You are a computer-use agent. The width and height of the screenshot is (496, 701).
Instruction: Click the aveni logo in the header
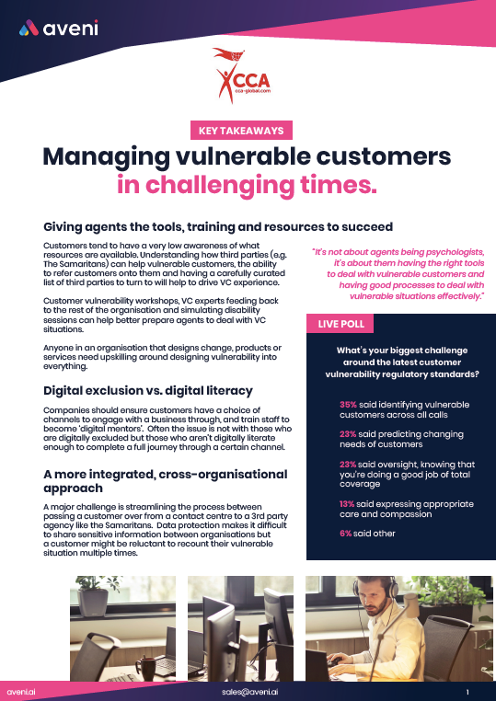click(x=59, y=29)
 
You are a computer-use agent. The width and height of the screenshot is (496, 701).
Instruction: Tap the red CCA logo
click(x=241, y=75)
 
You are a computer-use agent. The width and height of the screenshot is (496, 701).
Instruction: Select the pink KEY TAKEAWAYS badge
click(x=241, y=130)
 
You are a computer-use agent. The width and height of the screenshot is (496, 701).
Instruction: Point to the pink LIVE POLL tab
click(x=340, y=324)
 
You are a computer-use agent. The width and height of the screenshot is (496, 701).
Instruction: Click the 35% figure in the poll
click(x=348, y=405)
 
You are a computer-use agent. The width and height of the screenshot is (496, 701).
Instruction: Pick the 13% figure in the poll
click(x=347, y=504)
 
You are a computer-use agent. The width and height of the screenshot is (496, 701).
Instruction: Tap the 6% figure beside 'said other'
click(x=345, y=534)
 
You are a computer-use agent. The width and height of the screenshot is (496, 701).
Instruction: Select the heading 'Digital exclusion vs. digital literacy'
click(x=148, y=391)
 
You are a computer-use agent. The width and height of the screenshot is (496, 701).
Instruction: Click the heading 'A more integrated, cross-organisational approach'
click(x=166, y=480)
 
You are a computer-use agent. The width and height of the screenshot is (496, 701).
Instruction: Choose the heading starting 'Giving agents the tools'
click(x=218, y=226)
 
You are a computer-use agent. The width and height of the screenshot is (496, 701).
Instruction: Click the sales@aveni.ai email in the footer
click(x=250, y=691)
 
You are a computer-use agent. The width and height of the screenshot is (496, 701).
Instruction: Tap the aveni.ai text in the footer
click(x=21, y=692)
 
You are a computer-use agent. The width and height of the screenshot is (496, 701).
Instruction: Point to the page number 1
click(x=467, y=692)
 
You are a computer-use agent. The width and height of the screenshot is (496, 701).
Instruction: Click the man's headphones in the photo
click(x=375, y=590)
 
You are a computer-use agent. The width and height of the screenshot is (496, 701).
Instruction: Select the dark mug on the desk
click(x=145, y=668)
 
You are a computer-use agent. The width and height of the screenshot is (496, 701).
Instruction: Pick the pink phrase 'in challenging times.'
click(x=247, y=185)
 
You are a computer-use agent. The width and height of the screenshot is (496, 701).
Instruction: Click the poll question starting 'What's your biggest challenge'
click(x=402, y=362)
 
